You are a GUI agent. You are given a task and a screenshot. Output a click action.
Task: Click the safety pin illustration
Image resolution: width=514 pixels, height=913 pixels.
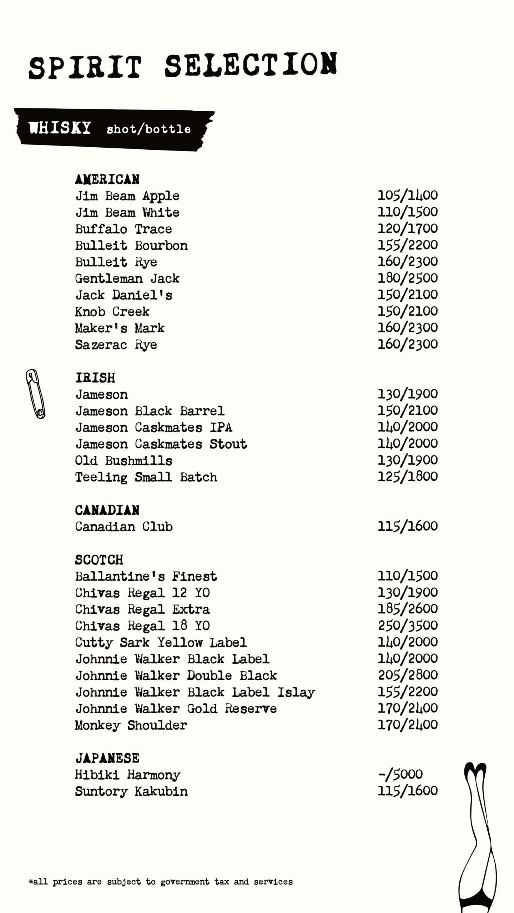tap(35, 394)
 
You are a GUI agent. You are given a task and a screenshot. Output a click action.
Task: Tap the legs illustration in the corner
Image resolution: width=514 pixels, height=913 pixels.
tap(478, 838)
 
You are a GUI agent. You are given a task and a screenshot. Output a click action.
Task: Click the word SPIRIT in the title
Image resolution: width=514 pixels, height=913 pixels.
tap(85, 67)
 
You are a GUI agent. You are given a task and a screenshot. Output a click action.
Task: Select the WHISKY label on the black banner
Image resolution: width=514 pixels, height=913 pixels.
tap(60, 128)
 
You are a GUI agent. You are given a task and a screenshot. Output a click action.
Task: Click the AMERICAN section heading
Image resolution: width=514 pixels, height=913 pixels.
tap(107, 179)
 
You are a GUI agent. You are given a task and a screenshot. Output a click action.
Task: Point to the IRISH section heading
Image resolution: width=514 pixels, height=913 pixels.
tap(95, 378)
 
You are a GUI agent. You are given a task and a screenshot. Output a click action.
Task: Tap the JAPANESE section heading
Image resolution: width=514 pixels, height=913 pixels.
tap(107, 758)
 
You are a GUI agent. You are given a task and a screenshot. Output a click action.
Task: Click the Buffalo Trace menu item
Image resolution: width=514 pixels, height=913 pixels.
tap(124, 229)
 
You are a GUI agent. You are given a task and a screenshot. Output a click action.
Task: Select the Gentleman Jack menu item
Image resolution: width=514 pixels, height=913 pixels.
tap(127, 279)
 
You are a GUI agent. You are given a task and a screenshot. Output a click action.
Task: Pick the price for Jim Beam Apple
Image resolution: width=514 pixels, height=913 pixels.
tap(408, 195)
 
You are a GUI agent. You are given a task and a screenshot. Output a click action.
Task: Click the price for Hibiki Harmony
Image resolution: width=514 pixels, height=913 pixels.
tap(400, 774)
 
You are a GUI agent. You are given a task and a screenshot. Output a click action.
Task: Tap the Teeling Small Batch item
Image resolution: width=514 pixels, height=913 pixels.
tap(146, 477)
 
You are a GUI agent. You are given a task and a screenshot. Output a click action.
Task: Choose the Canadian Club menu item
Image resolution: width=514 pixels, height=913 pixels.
tap(124, 527)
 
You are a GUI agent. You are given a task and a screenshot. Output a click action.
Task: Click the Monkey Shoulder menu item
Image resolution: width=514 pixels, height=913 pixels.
tap(131, 725)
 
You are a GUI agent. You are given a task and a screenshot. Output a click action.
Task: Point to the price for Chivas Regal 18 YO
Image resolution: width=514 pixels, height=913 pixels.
tap(408, 625)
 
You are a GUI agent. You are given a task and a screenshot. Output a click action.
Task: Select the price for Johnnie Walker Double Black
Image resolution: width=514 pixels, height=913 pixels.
tap(408, 675)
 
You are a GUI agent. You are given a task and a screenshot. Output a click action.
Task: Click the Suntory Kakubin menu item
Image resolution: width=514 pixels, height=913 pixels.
tap(131, 791)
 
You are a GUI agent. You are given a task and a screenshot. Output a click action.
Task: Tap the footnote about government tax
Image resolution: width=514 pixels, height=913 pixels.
tap(161, 882)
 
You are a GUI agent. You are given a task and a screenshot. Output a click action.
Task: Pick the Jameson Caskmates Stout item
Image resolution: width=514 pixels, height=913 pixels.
tap(161, 444)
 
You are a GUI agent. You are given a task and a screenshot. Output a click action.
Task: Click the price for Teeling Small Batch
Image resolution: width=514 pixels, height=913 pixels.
tap(408, 476)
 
